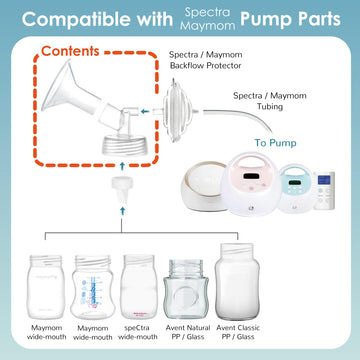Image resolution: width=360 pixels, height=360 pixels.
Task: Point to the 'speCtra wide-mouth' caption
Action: click(x=141, y=335)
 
